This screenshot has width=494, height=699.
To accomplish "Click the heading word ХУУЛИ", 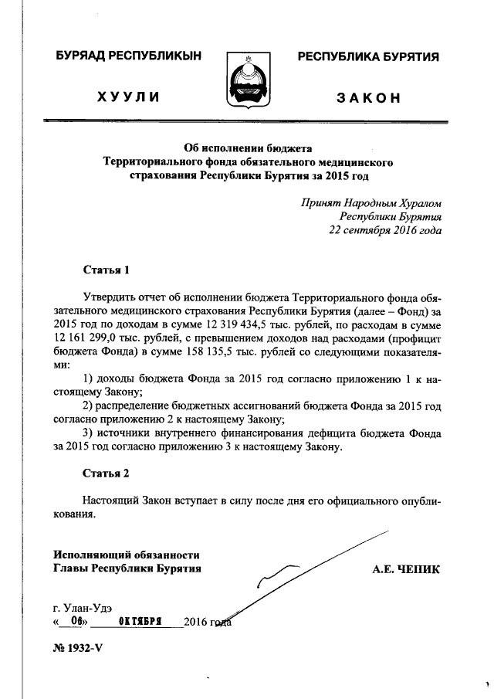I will tap(128, 97).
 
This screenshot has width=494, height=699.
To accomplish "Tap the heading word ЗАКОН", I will tap(368, 97).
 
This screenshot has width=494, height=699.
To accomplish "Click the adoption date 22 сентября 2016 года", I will tap(385, 230).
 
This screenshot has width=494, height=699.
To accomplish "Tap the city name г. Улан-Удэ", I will tap(86, 607).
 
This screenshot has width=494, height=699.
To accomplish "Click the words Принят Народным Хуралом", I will tap(372, 202).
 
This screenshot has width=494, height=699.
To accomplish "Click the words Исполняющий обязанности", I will tap(127, 555).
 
